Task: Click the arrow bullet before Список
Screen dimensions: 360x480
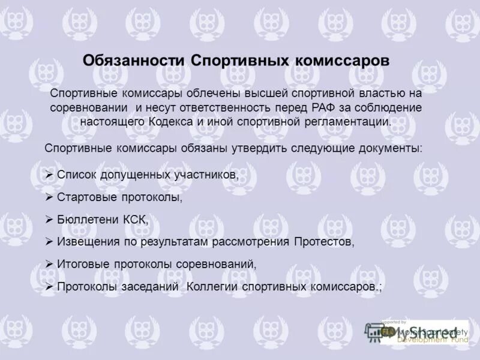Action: click(x=50, y=175)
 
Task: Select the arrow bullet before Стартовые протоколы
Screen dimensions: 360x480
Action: click(x=50, y=197)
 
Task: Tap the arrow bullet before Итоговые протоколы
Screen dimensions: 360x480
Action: click(x=50, y=265)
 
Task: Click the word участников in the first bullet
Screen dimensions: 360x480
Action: click(x=207, y=175)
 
